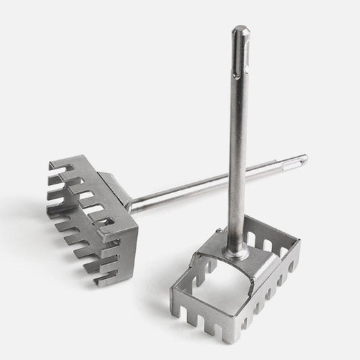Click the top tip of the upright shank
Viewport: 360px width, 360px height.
(x=240, y=28)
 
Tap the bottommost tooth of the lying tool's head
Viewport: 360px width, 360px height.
(x=101, y=280)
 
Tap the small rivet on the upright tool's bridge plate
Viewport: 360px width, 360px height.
(x=217, y=232)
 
